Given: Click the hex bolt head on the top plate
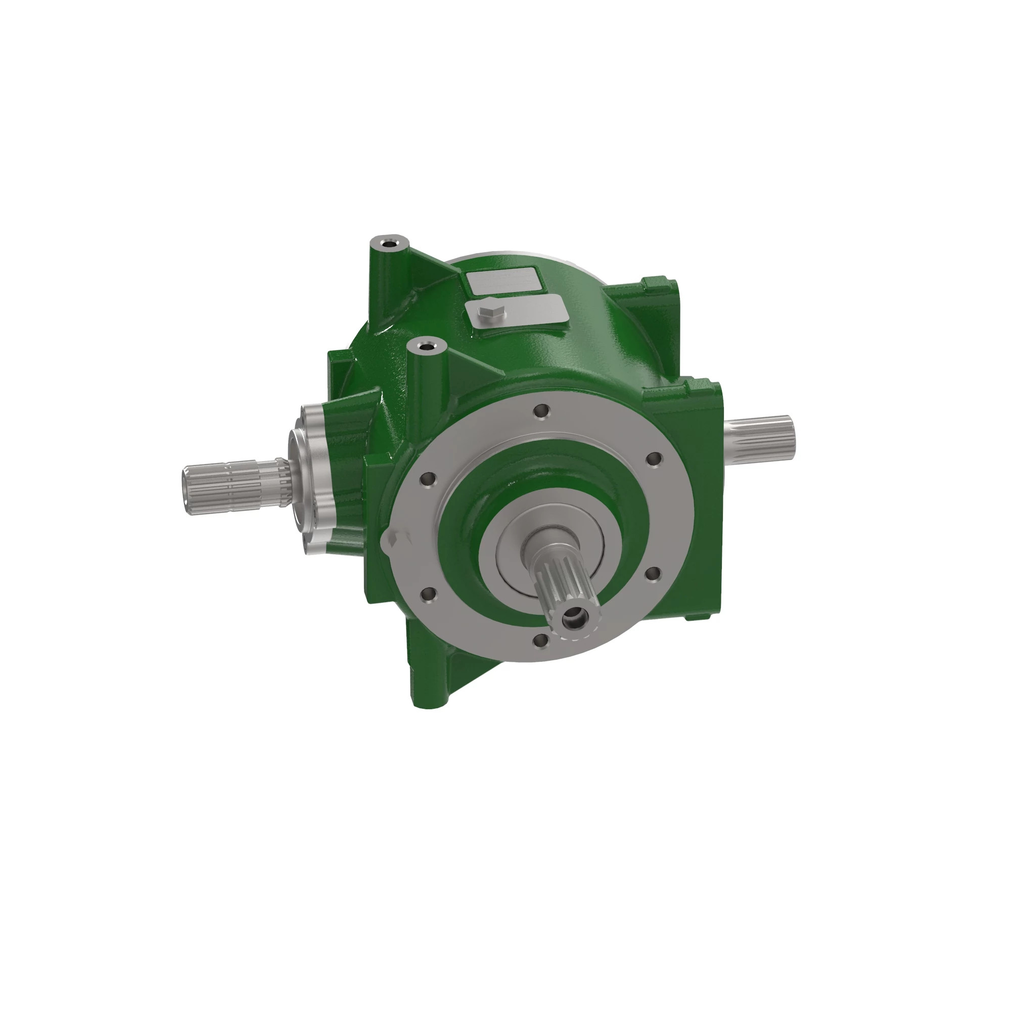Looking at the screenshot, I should pos(491,314).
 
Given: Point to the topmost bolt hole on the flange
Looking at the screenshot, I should pos(542,411).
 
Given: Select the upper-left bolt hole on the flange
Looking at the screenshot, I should pos(428,478).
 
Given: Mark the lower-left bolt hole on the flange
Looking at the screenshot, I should pos(428,593).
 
